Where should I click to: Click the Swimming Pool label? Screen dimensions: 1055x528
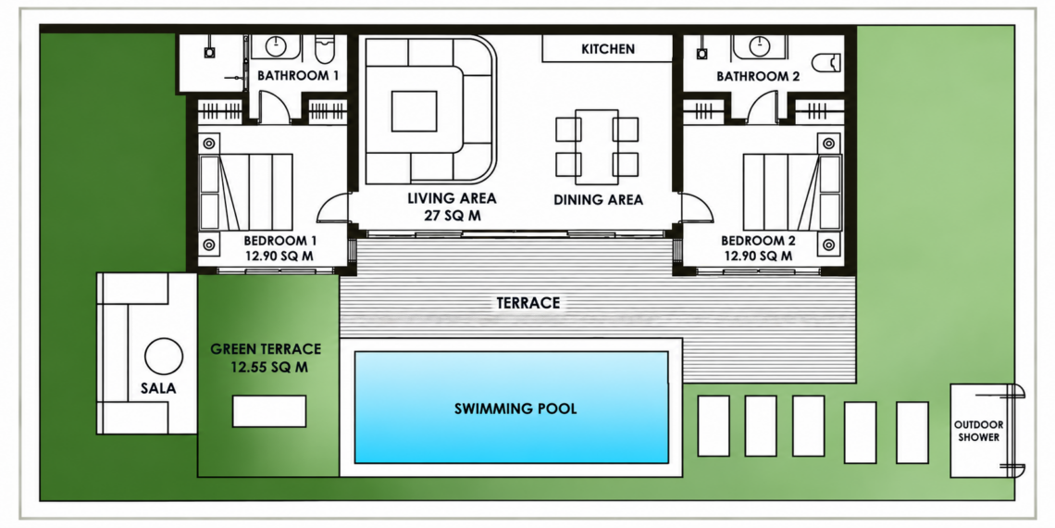pyautogui.click(x=515, y=409)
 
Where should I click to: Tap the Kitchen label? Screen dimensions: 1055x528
pyautogui.click(x=608, y=49)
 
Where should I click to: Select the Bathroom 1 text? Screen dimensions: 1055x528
pyautogui.click(x=298, y=75)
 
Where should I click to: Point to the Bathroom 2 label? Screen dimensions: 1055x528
pyautogui.click(x=758, y=76)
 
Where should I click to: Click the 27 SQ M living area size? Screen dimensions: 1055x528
pyautogui.click(x=452, y=216)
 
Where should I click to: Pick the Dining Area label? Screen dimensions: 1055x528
pyautogui.click(x=598, y=200)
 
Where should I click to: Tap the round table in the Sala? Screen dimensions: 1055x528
pyautogui.click(x=164, y=357)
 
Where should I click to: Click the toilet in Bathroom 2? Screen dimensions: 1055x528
pyautogui.click(x=827, y=63)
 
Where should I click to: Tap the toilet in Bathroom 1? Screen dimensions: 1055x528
pyautogui.click(x=324, y=50)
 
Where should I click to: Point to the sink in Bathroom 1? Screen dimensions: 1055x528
pyautogui.click(x=277, y=46)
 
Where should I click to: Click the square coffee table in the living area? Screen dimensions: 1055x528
pyautogui.click(x=415, y=111)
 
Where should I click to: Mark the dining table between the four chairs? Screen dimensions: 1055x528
pyautogui.click(x=597, y=146)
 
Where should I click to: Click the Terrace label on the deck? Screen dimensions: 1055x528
pyautogui.click(x=528, y=303)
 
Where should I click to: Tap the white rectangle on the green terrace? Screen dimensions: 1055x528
pyautogui.click(x=269, y=410)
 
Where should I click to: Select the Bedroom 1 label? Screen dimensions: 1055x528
pyautogui.click(x=280, y=241)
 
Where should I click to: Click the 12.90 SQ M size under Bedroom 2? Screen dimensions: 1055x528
pyautogui.click(x=758, y=256)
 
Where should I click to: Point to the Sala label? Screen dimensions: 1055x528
pyautogui.click(x=159, y=389)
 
